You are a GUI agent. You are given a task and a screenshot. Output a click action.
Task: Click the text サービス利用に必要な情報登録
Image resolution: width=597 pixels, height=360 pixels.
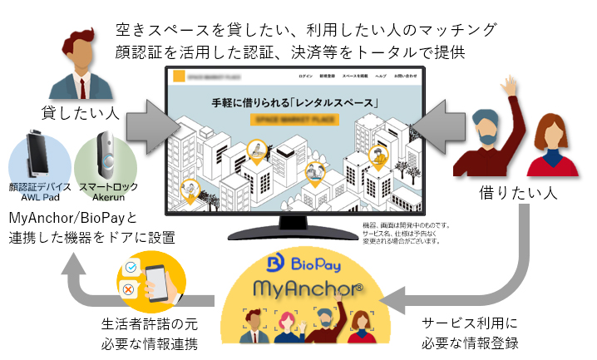click(x=470, y=332)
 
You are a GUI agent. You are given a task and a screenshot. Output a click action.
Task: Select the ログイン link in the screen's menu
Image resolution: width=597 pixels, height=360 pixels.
click(x=304, y=76)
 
